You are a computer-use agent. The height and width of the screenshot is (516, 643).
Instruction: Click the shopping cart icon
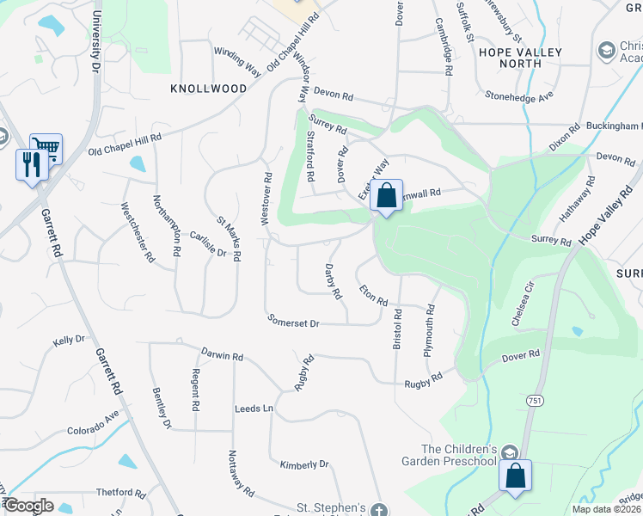(x=46, y=148)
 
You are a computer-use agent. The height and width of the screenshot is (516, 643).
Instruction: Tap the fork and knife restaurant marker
(x=32, y=163)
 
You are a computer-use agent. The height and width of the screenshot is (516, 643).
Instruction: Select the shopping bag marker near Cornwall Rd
(x=387, y=195)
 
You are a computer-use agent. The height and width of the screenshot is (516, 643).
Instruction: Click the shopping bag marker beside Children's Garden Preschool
(x=515, y=476)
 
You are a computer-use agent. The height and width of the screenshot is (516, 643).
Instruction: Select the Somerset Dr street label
(x=293, y=322)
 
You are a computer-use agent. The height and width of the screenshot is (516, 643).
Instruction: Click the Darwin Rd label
(x=223, y=354)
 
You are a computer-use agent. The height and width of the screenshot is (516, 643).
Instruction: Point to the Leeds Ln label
(x=254, y=408)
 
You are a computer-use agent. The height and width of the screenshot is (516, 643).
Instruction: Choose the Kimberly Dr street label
(x=304, y=464)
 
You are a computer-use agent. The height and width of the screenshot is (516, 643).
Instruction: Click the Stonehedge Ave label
(x=518, y=97)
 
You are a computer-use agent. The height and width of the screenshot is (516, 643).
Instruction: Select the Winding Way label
(x=237, y=63)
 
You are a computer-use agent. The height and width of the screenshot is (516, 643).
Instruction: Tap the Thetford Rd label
(x=121, y=493)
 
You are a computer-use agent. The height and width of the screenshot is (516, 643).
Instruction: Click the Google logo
(x=28, y=506)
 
